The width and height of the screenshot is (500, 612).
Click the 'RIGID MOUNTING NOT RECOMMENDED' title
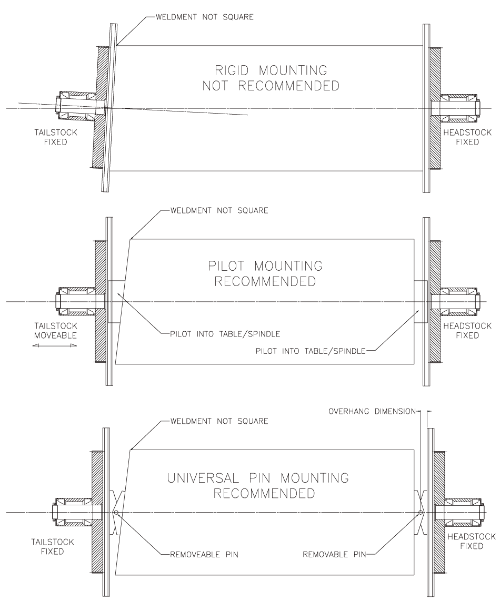(x=271, y=78)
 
